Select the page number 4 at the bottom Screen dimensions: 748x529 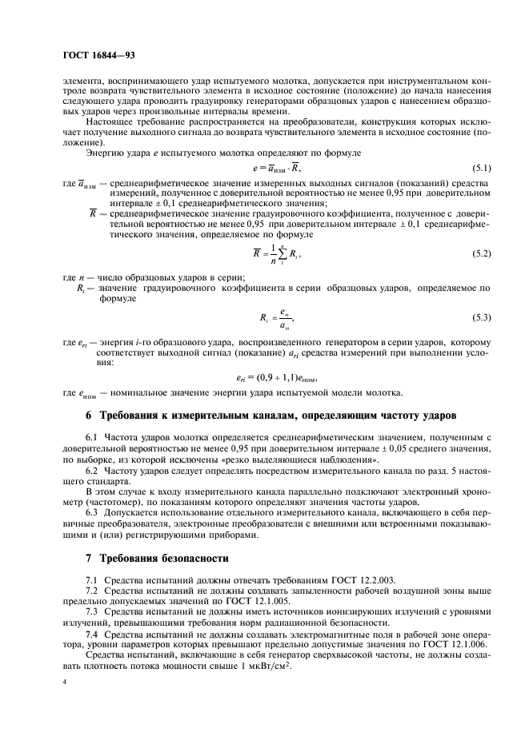coord(64,681)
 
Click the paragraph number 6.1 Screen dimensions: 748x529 coord(91,440)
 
